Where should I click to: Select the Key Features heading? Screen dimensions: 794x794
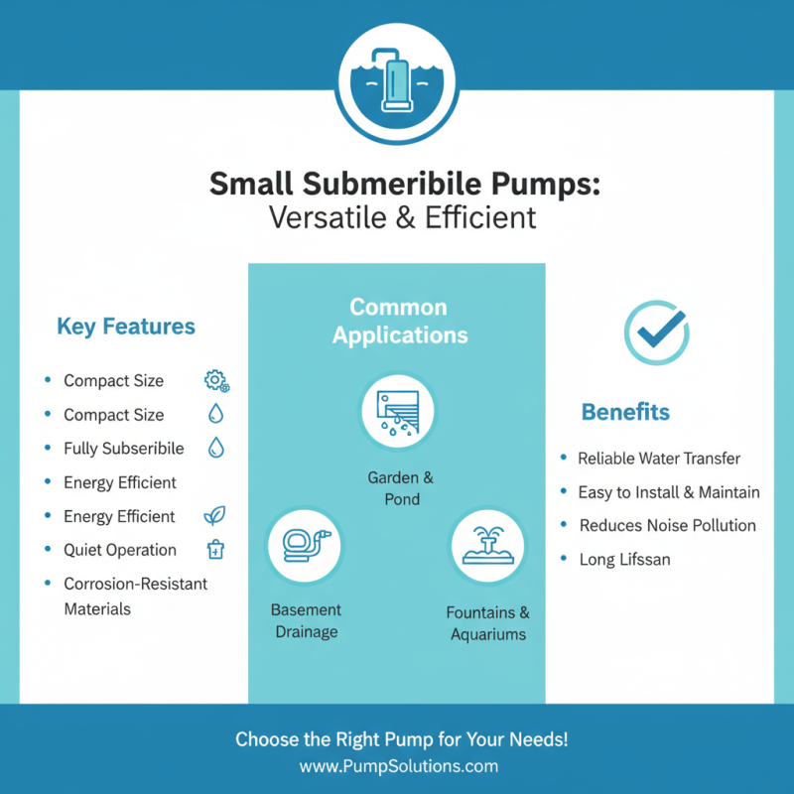point(126,327)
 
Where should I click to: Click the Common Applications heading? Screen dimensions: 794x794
point(398,321)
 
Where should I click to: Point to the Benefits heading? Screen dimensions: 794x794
point(625,412)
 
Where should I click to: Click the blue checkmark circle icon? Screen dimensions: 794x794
point(656,331)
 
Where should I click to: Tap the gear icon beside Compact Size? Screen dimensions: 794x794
point(215,381)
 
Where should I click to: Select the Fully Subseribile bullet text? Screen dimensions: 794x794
point(124,449)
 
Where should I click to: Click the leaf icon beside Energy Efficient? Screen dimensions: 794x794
point(214,516)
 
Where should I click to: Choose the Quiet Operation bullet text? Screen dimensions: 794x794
point(120,550)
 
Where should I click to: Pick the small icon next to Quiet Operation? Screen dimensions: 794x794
point(215,550)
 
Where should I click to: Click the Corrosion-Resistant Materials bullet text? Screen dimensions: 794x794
point(135,595)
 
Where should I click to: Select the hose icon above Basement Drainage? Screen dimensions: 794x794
point(305,545)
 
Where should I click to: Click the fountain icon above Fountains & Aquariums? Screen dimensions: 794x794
point(486,545)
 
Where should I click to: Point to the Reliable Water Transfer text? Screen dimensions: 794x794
point(659,459)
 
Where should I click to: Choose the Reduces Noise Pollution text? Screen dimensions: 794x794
point(667,525)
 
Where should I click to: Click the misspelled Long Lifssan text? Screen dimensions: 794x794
point(624,559)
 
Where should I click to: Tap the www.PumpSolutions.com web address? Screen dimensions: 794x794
point(398,766)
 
